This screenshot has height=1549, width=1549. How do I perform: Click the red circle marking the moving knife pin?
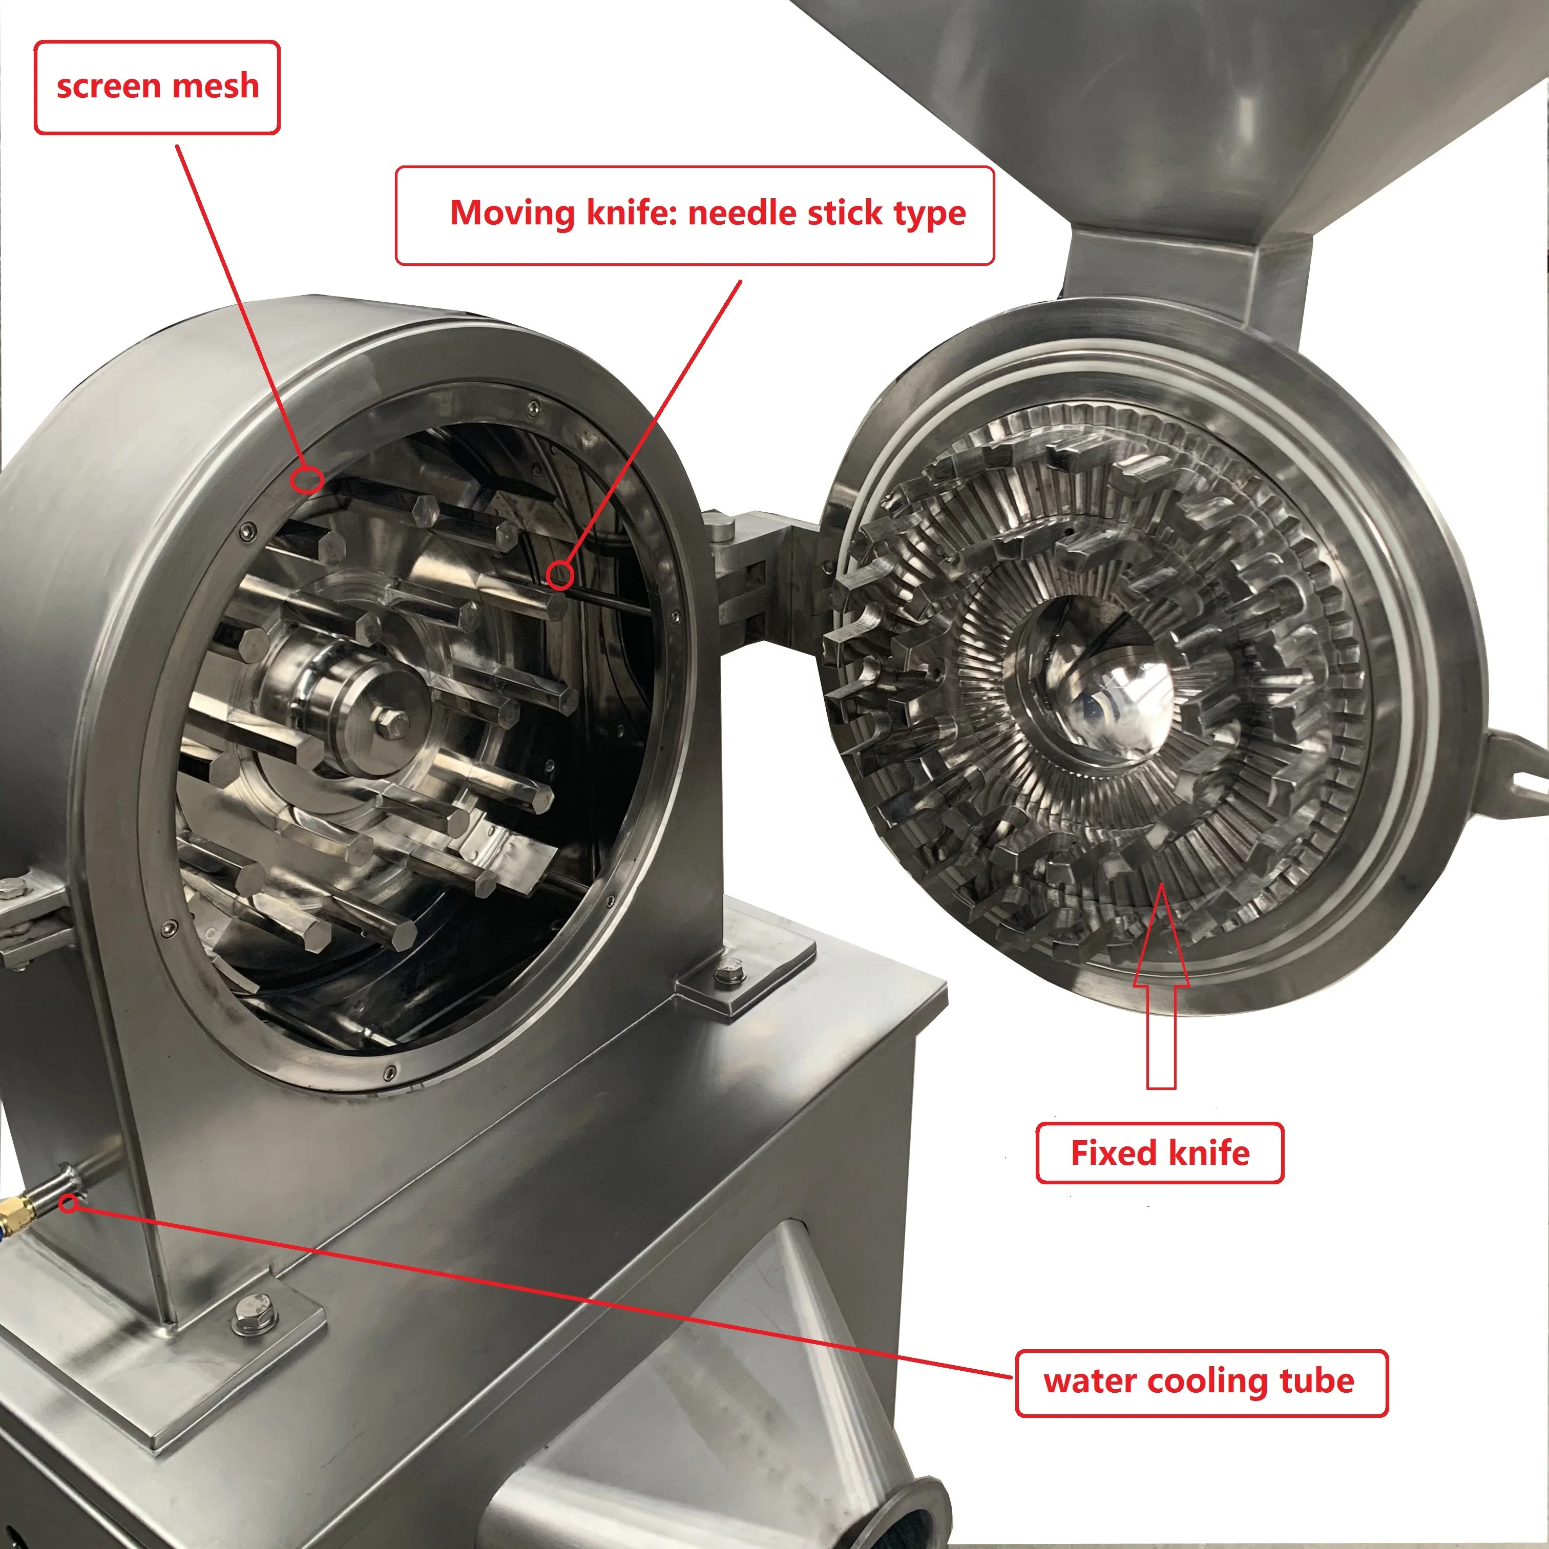pos(560,574)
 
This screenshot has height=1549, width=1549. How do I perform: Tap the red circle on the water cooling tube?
pos(70,1203)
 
